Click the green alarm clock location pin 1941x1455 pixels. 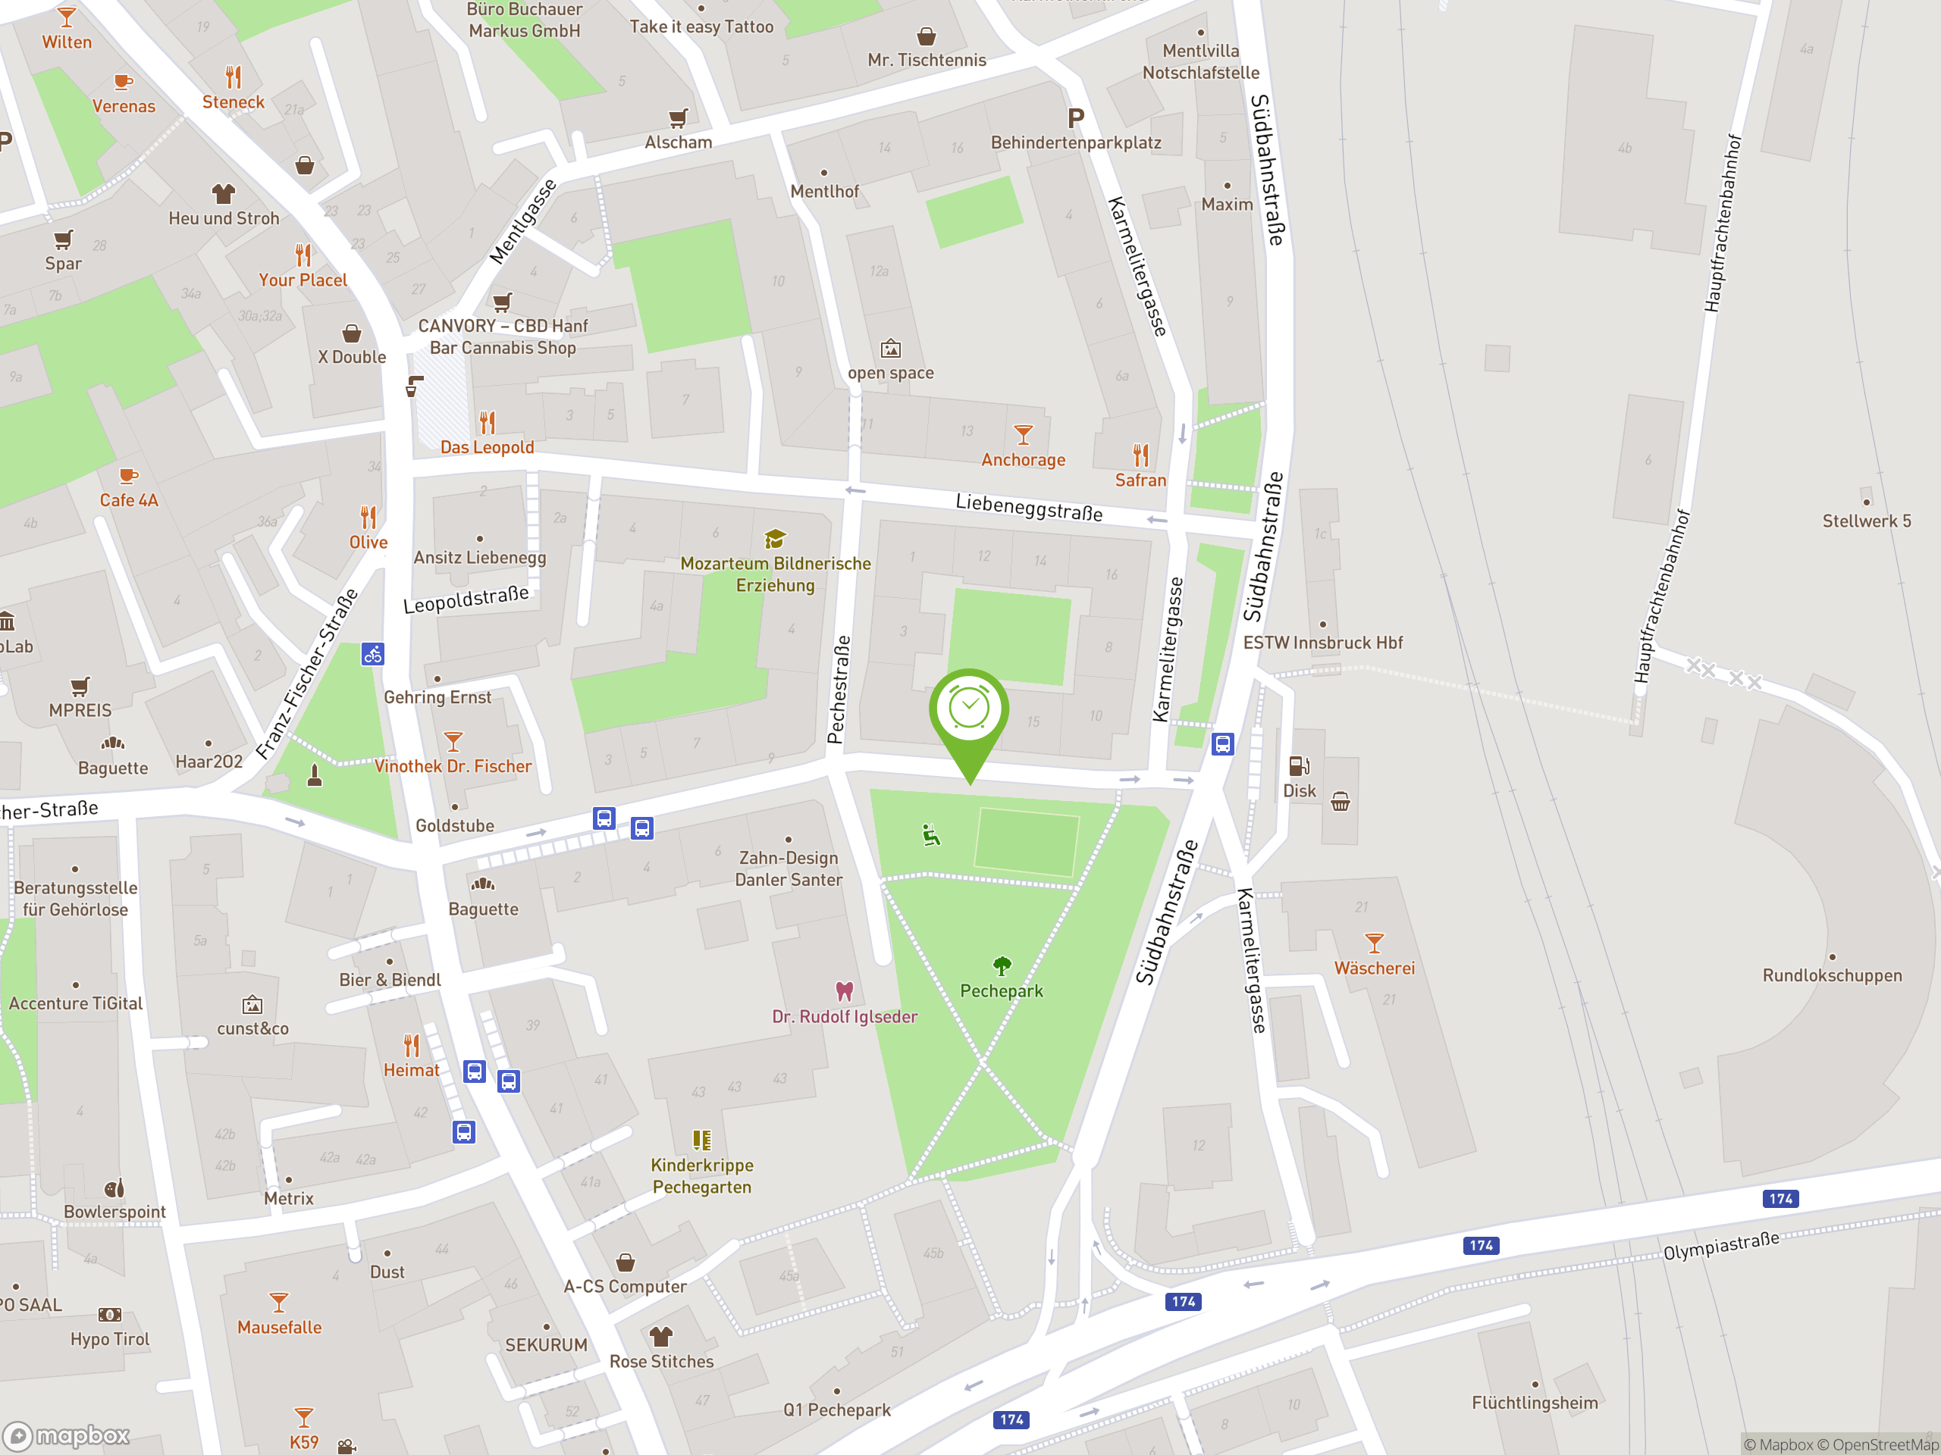pyautogui.click(x=969, y=710)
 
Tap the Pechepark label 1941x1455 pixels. pyautogui.click(x=1002, y=991)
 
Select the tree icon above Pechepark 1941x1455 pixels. pyautogui.click(x=1002, y=965)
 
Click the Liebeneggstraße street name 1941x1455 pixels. pyautogui.click(x=1028, y=507)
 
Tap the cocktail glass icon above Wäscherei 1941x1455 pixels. pyautogui.click(x=1374, y=943)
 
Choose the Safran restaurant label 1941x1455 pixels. pyautogui.click(x=1140, y=480)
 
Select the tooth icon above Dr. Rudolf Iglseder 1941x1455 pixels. pyautogui.click(x=844, y=991)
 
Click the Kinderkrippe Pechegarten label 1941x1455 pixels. pyautogui.click(x=702, y=1176)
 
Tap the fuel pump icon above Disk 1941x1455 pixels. pyautogui.click(x=1299, y=765)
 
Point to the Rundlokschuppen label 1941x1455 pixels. pyautogui.click(x=1832, y=975)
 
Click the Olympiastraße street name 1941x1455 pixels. pyautogui.click(x=1721, y=1244)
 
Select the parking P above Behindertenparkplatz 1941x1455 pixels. pyautogui.click(x=1076, y=117)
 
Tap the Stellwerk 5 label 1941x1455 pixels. pyautogui.click(x=1867, y=521)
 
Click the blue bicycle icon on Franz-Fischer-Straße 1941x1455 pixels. pyautogui.click(x=373, y=653)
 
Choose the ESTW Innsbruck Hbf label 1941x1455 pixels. pyautogui.click(x=1322, y=643)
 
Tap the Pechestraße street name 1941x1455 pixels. pyautogui.click(x=840, y=690)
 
